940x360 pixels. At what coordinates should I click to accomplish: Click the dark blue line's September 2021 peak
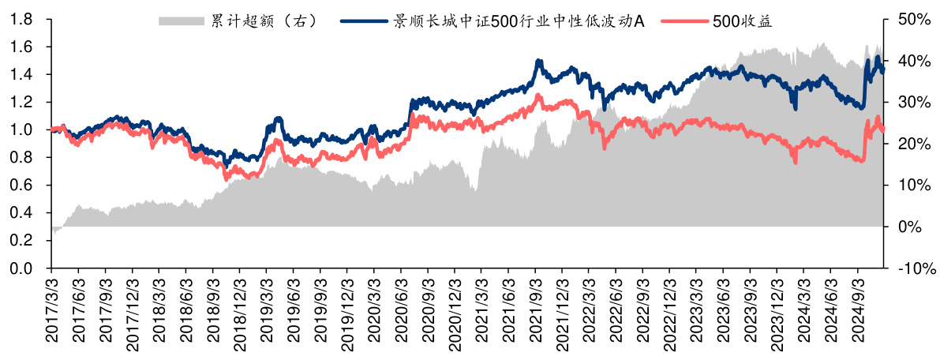click(539, 61)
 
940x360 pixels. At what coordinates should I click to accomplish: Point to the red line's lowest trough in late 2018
click(227, 178)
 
